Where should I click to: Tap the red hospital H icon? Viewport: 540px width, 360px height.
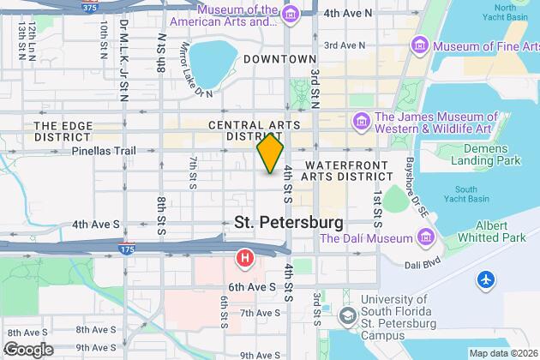(246, 256)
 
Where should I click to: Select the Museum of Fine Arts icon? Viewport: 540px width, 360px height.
(419, 44)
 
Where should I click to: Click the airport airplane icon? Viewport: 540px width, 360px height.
(487, 279)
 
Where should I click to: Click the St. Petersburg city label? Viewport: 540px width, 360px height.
(289, 222)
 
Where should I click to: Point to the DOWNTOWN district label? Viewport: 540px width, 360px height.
(279, 59)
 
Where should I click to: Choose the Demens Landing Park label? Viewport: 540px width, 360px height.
(484, 153)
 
